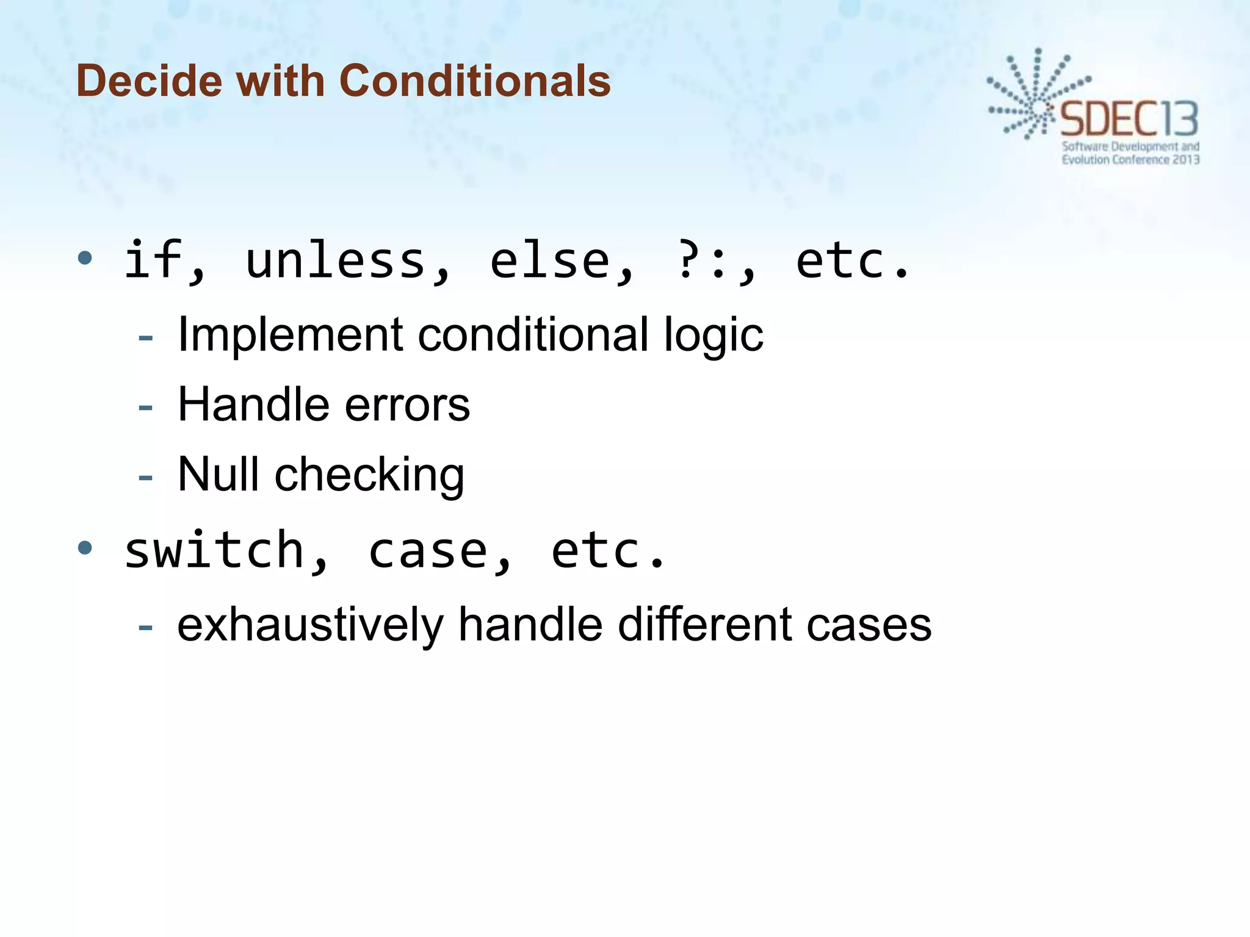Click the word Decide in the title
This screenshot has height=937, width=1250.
[x=149, y=81]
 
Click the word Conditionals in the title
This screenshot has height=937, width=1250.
[x=474, y=81]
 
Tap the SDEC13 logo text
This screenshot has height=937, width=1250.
[x=1129, y=119]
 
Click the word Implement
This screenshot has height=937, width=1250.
[x=291, y=336]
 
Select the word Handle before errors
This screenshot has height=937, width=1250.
[x=253, y=405]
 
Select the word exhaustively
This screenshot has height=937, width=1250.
[x=310, y=625]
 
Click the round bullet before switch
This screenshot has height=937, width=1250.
[x=85, y=547]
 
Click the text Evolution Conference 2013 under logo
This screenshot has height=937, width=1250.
[x=1130, y=160]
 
